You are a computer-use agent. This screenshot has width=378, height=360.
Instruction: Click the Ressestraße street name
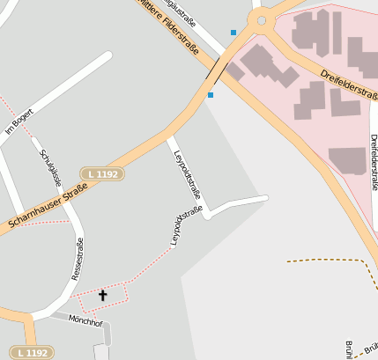(78, 258)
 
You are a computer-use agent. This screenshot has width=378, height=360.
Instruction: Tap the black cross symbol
(102, 296)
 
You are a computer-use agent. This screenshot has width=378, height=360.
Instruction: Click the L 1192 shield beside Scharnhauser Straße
(103, 174)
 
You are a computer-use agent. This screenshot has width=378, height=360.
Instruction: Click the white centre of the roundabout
(262, 18)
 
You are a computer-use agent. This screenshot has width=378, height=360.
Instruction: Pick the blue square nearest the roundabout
(233, 33)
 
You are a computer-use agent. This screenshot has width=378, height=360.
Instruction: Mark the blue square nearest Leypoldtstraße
(211, 94)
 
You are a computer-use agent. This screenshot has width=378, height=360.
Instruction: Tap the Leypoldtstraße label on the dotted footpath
(187, 225)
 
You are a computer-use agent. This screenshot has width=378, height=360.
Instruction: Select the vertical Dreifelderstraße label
(374, 163)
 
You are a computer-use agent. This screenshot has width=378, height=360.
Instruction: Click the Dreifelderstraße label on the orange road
(349, 84)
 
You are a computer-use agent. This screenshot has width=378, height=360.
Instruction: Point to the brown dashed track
(326, 261)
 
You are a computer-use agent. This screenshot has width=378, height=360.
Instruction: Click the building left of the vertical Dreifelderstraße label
(346, 160)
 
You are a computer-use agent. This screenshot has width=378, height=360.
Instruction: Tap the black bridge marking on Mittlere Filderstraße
(214, 68)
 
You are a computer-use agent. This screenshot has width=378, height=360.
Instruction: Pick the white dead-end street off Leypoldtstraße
(238, 203)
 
